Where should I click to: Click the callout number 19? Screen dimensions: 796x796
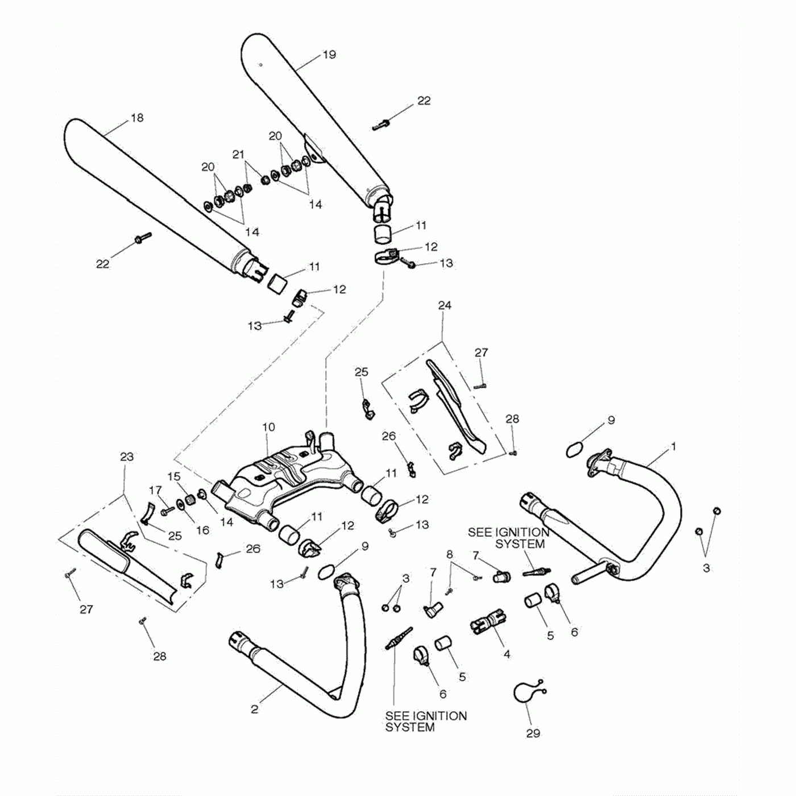pyautogui.click(x=329, y=55)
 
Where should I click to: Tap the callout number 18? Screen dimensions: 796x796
pyautogui.click(x=137, y=118)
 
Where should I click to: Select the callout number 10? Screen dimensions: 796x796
pyautogui.click(x=268, y=427)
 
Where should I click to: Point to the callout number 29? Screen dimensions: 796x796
pyautogui.click(x=533, y=733)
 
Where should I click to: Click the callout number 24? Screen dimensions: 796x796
pyautogui.click(x=445, y=305)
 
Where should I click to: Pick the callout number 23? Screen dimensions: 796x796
pyautogui.click(x=127, y=457)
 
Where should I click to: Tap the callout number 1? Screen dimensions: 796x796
pyautogui.click(x=674, y=447)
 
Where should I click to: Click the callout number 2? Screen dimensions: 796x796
pyautogui.click(x=254, y=709)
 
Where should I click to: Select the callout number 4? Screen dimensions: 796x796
pyautogui.click(x=507, y=654)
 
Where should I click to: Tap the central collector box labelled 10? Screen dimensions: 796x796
pyautogui.click(x=284, y=478)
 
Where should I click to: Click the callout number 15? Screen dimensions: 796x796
pyautogui.click(x=174, y=476)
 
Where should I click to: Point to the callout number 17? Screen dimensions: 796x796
pyautogui.click(x=155, y=490)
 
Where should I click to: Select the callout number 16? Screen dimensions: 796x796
pyautogui.click(x=202, y=530)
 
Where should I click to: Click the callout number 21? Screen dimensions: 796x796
pyautogui.click(x=238, y=154)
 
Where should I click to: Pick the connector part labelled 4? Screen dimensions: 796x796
pyautogui.click(x=489, y=621)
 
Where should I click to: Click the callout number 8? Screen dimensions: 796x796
pyautogui.click(x=450, y=554)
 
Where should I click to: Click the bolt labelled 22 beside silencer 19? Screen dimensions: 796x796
pyautogui.click(x=380, y=126)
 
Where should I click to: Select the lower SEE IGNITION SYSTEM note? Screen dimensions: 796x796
pyautogui.click(x=426, y=722)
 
